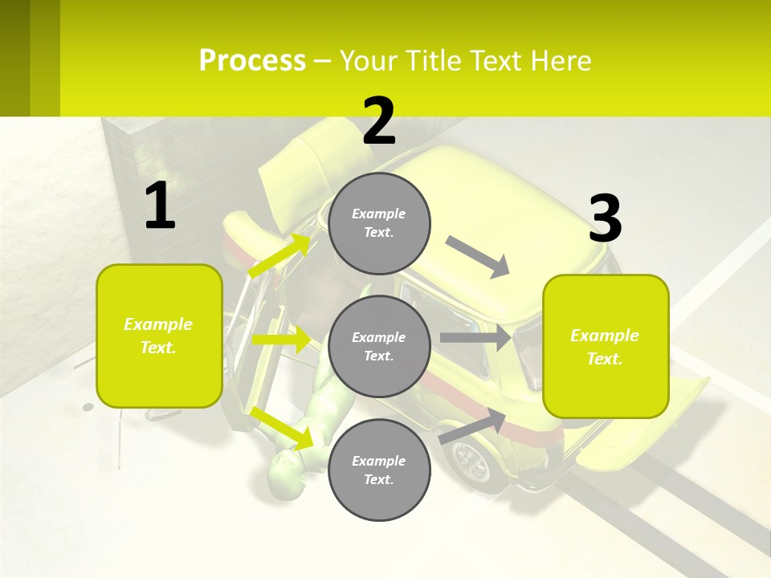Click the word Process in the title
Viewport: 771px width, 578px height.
(252, 60)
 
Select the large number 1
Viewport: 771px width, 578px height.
(160, 206)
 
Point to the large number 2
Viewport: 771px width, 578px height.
(379, 121)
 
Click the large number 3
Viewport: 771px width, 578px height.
(605, 218)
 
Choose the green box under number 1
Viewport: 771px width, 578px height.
(159, 336)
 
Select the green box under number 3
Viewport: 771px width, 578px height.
(606, 346)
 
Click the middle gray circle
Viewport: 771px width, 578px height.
(379, 346)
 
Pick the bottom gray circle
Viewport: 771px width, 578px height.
(379, 470)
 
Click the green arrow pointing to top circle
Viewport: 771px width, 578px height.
(279, 256)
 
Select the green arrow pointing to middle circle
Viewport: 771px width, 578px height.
(281, 340)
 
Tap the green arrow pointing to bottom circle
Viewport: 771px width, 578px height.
(282, 427)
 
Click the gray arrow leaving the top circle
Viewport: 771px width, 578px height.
(478, 257)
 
